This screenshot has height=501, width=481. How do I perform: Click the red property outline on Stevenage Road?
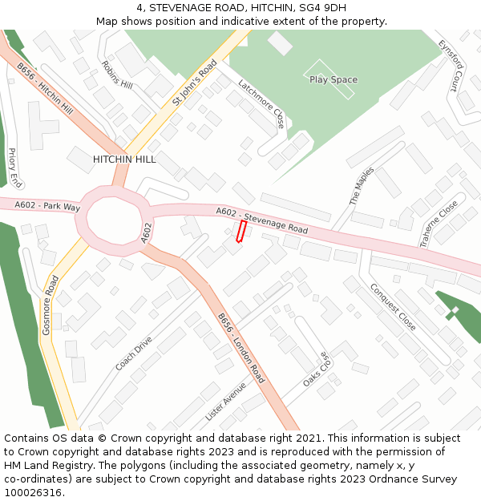[240, 231]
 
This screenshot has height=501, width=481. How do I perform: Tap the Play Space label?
[333, 80]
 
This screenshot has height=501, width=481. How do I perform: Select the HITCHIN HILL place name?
[124, 160]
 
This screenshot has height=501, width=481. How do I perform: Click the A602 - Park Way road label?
[47, 207]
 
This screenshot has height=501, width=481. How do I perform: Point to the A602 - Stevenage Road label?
[261, 220]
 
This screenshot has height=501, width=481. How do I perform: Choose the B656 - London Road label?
[241, 347]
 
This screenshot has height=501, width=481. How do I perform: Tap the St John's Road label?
[195, 83]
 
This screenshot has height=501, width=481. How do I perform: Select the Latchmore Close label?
[261, 103]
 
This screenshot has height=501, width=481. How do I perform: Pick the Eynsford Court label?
[452, 66]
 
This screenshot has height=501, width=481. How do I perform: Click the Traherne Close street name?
[439, 222]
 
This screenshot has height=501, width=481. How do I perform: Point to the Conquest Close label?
[393, 307]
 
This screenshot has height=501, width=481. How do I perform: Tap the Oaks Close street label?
[317, 370]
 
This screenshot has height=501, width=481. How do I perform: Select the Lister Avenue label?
[226, 401]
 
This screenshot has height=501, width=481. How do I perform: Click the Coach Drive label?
[133, 354]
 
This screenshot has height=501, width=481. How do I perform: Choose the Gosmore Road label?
[51, 305]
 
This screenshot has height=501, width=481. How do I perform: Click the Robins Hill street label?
[117, 74]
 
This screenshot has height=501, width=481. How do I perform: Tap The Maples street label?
[362, 186]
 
